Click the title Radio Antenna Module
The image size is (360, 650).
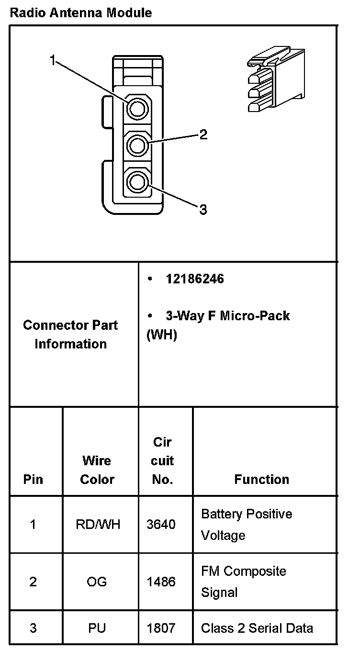point(80,13)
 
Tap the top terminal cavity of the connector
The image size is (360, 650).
point(137,109)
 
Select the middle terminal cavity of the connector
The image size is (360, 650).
point(137,145)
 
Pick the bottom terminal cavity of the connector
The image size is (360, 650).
point(137,182)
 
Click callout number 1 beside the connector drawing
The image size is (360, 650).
point(53,60)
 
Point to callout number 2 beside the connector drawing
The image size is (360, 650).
point(203,134)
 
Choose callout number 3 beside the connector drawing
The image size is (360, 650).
point(203,210)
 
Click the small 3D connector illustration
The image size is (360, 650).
point(274,79)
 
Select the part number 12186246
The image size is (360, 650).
point(194,279)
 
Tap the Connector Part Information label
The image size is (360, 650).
point(70,334)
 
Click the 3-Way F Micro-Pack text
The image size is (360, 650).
point(227,316)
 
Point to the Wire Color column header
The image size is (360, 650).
point(97,470)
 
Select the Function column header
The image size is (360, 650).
point(261,479)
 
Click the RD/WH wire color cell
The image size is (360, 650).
point(98,525)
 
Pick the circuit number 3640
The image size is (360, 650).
point(161,525)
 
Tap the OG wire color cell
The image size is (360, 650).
point(97,582)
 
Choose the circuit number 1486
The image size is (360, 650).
point(161,582)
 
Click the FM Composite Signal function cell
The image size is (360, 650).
point(244,582)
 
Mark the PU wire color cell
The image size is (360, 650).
point(97,628)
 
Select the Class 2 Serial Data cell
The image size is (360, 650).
point(257,628)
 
